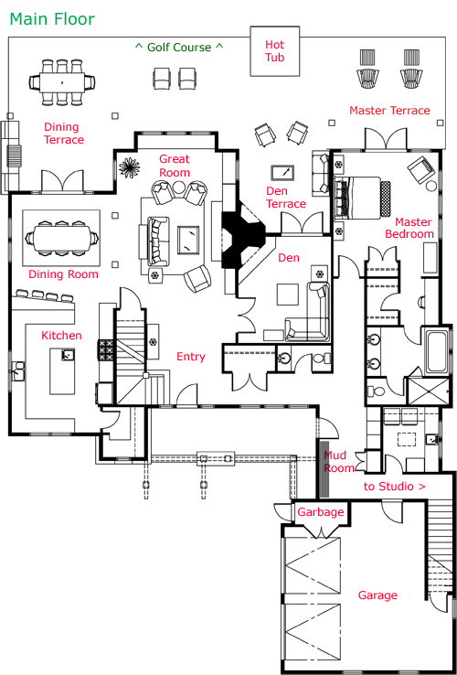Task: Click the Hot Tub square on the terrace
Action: pyautogui.click(x=275, y=51)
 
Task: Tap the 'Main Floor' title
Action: pyautogui.click(x=52, y=19)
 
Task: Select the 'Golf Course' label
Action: pyautogui.click(x=179, y=47)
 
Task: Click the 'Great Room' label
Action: pyautogui.click(x=175, y=166)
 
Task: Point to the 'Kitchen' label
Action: pyautogui.click(x=61, y=336)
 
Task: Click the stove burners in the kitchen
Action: pyautogui.click(x=106, y=350)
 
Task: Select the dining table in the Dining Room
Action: pyautogui.click(x=61, y=237)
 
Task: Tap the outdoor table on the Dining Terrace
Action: pyautogui.click(x=62, y=81)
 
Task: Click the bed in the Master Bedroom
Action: pyautogui.click(x=362, y=198)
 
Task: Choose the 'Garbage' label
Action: pyautogui.click(x=321, y=512)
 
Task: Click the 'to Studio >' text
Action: pyautogui.click(x=395, y=487)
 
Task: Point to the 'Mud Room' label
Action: pyautogui.click(x=338, y=462)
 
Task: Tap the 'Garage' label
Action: pyautogui.click(x=377, y=595)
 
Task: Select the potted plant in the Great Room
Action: pyautogui.click(x=128, y=168)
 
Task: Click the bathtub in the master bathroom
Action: pyautogui.click(x=436, y=351)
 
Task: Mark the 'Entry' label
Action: pyautogui.click(x=191, y=357)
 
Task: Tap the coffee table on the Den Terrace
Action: pyautogui.click(x=282, y=173)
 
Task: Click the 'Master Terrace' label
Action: pyautogui.click(x=389, y=111)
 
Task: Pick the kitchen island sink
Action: pyautogui.click(x=68, y=355)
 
